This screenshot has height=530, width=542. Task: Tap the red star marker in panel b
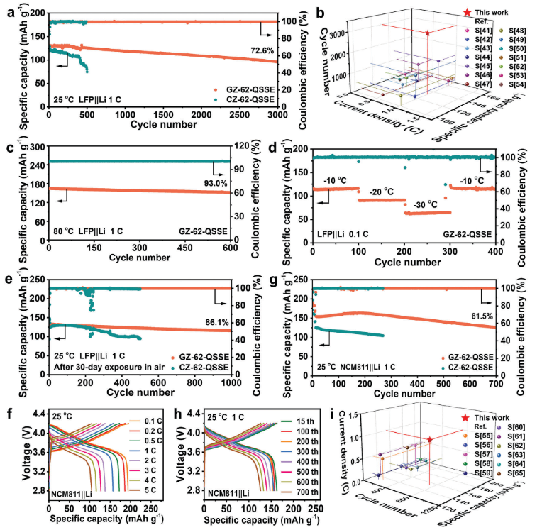pos(428,33)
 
